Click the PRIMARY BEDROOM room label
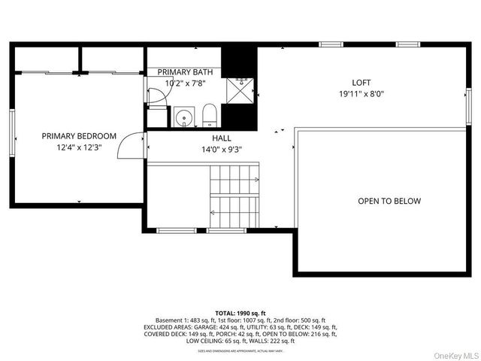79,136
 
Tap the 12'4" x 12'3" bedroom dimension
79,148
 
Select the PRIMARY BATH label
185,72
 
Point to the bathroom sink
183,117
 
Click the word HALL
222,138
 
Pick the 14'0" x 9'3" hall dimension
222,150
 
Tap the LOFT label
362,83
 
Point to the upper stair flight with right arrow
234,180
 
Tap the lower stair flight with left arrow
234,211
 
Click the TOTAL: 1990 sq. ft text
240,313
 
